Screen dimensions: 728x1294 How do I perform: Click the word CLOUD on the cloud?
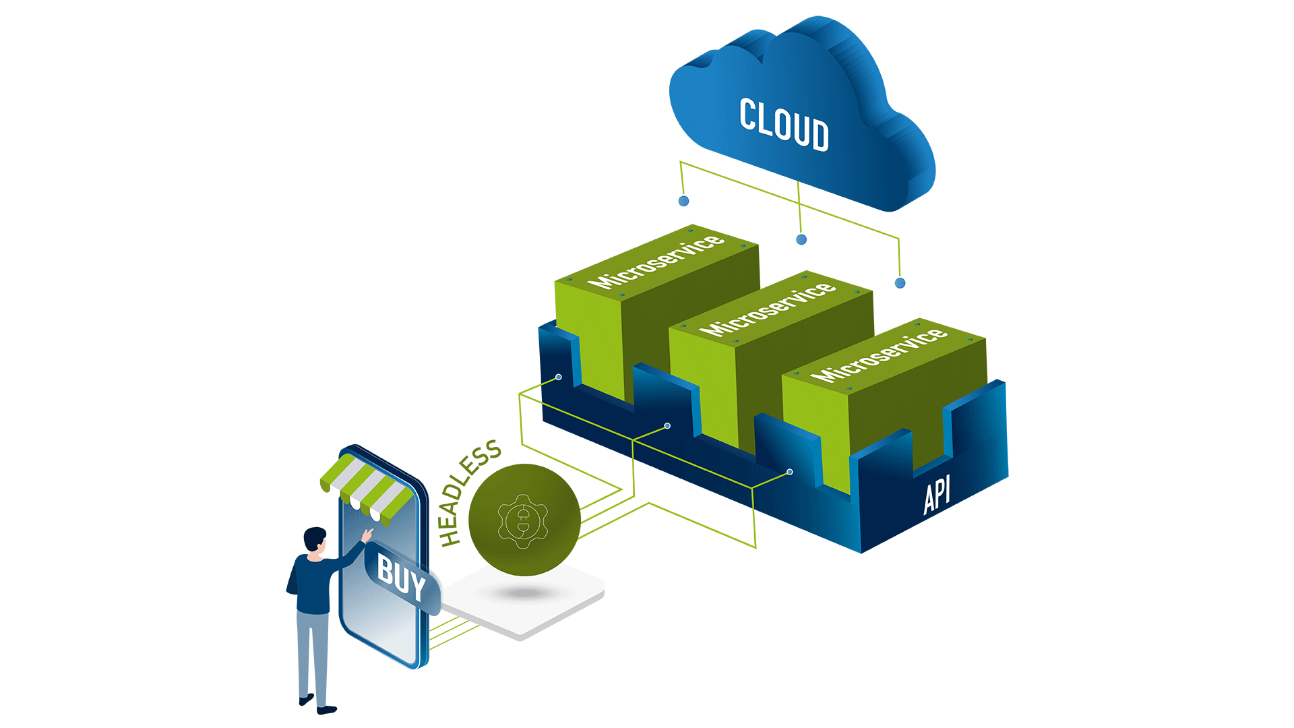click(x=784, y=125)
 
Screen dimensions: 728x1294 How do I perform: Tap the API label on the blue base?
click(x=937, y=494)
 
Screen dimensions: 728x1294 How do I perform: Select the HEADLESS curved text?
click(x=468, y=491)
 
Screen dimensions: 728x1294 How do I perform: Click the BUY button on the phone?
click(x=401, y=576)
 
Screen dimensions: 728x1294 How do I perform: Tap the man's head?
click(x=315, y=540)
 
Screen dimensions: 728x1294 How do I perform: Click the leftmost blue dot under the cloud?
click(x=683, y=201)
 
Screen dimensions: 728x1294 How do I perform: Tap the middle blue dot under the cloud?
click(x=801, y=239)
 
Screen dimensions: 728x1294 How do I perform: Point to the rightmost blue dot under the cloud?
click(x=900, y=283)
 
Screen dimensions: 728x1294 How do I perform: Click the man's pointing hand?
click(x=367, y=535)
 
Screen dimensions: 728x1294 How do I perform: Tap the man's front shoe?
click(x=327, y=709)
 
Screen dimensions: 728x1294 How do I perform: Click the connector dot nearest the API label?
click(x=790, y=472)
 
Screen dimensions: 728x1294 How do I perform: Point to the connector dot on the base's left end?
click(x=559, y=377)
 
